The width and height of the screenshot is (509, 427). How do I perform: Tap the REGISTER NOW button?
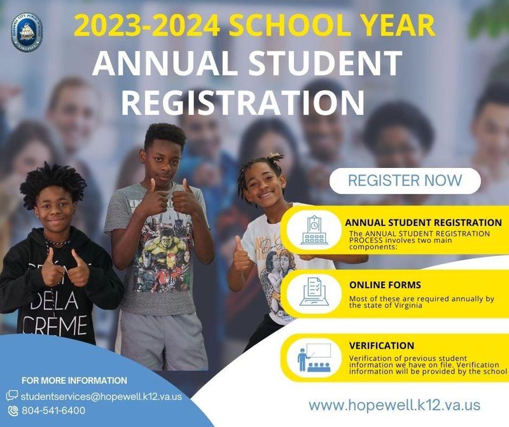tap(405, 180)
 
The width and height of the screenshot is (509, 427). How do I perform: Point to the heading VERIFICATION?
tap(382, 346)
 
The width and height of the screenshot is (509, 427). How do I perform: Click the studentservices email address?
tap(101, 396)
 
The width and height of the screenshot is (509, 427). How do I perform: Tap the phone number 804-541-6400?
tap(53, 410)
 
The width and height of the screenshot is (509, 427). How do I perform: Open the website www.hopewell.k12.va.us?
tap(394, 405)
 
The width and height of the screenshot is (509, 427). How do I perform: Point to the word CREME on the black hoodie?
tap(55, 325)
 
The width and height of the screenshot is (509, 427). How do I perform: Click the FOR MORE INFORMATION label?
tap(74, 381)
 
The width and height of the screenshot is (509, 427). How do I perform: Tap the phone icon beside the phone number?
tap(13, 410)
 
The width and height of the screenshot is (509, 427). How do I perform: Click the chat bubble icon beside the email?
tap(12, 396)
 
